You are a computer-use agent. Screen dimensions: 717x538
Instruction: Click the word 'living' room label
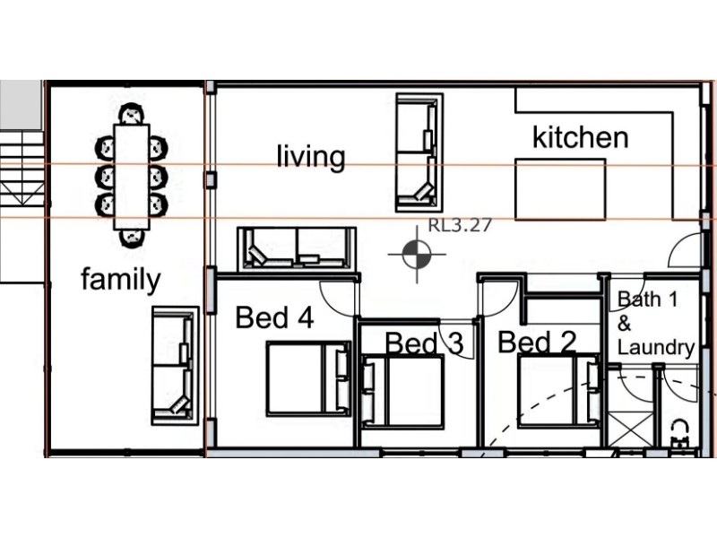(311, 156)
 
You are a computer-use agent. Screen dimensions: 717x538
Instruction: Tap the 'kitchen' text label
(581, 137)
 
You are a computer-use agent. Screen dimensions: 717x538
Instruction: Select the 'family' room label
(121, 279)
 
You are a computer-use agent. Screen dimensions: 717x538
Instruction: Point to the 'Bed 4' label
(274, 317)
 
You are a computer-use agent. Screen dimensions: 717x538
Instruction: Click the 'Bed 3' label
(424, 343)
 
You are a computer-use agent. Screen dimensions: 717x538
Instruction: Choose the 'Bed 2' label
(537, 343)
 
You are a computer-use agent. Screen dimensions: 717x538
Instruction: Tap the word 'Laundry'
(656, 347)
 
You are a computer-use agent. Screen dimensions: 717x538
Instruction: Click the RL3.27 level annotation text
(460, 225)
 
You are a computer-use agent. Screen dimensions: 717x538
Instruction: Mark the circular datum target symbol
(417, 254)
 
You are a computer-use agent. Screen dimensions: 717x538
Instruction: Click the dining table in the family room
(132, 177)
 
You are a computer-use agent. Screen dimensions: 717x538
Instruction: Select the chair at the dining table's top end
(131, 114)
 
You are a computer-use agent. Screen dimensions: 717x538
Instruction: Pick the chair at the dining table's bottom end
(132, 239)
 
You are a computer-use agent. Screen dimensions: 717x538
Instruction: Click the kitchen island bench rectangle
(561, 189)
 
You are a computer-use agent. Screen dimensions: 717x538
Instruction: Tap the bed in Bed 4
(308, 378)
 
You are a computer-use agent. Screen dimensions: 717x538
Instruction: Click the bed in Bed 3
(402, 392)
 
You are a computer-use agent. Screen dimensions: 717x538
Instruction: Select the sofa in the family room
(176, 366)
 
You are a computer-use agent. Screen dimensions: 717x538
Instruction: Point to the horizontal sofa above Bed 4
(297, 249)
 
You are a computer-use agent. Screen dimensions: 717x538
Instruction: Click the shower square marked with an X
(631, 430)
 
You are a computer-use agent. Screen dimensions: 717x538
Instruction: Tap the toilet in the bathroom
(680, 435)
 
